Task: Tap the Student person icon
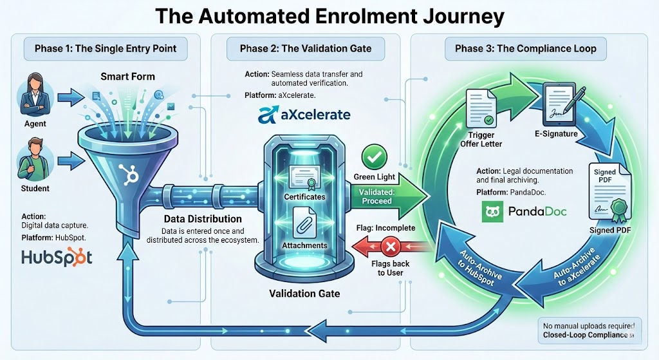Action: [33, 160]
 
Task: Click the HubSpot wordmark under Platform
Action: [57, 257]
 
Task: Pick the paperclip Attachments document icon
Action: [304, 223]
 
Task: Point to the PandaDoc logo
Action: [524, 211]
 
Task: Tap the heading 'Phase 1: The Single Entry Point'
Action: [107, 48]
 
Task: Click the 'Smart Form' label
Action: [127, 77]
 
